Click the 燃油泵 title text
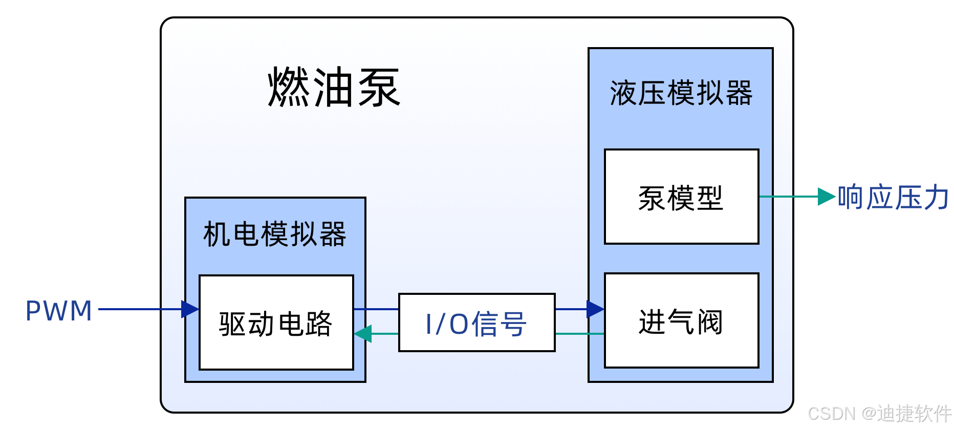click(334, 88)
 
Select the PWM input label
click(59, 311)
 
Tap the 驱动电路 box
click(276, 322)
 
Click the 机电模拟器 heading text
click(275, 234)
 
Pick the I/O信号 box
click(476, 322)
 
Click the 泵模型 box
click(681, 197)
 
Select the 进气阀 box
click(681, 321)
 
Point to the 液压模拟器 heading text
click(681, 93)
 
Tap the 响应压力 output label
click(894, 197)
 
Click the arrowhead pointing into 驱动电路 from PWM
click(190, 309)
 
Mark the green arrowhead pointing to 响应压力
click(827, 197)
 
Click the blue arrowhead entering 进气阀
click(595, 309)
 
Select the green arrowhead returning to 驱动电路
click(363, 334)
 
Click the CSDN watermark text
click(879, 413)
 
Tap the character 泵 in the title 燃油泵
click(379, 88)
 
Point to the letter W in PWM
click(58, 311)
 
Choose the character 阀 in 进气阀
click(709, 322)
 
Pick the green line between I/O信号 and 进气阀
click(579, 334)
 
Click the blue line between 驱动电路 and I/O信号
click(376, 309)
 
